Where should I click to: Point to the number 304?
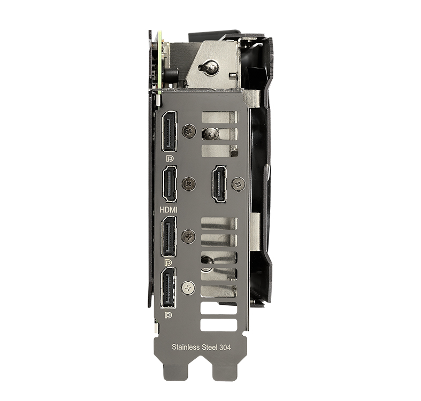225,348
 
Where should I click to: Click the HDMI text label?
169,210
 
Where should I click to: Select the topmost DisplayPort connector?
169,131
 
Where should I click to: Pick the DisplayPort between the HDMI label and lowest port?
169,237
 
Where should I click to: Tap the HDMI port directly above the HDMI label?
169,183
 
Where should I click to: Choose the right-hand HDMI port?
219,183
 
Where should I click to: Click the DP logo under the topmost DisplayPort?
170,159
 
